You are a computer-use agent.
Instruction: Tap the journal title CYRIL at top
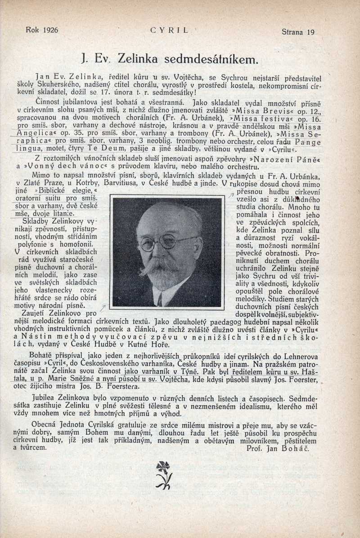[x=169, y=31]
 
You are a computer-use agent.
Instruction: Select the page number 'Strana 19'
[x=297, y=32]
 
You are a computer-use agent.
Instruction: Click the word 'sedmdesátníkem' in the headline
[x=201, y=59]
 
